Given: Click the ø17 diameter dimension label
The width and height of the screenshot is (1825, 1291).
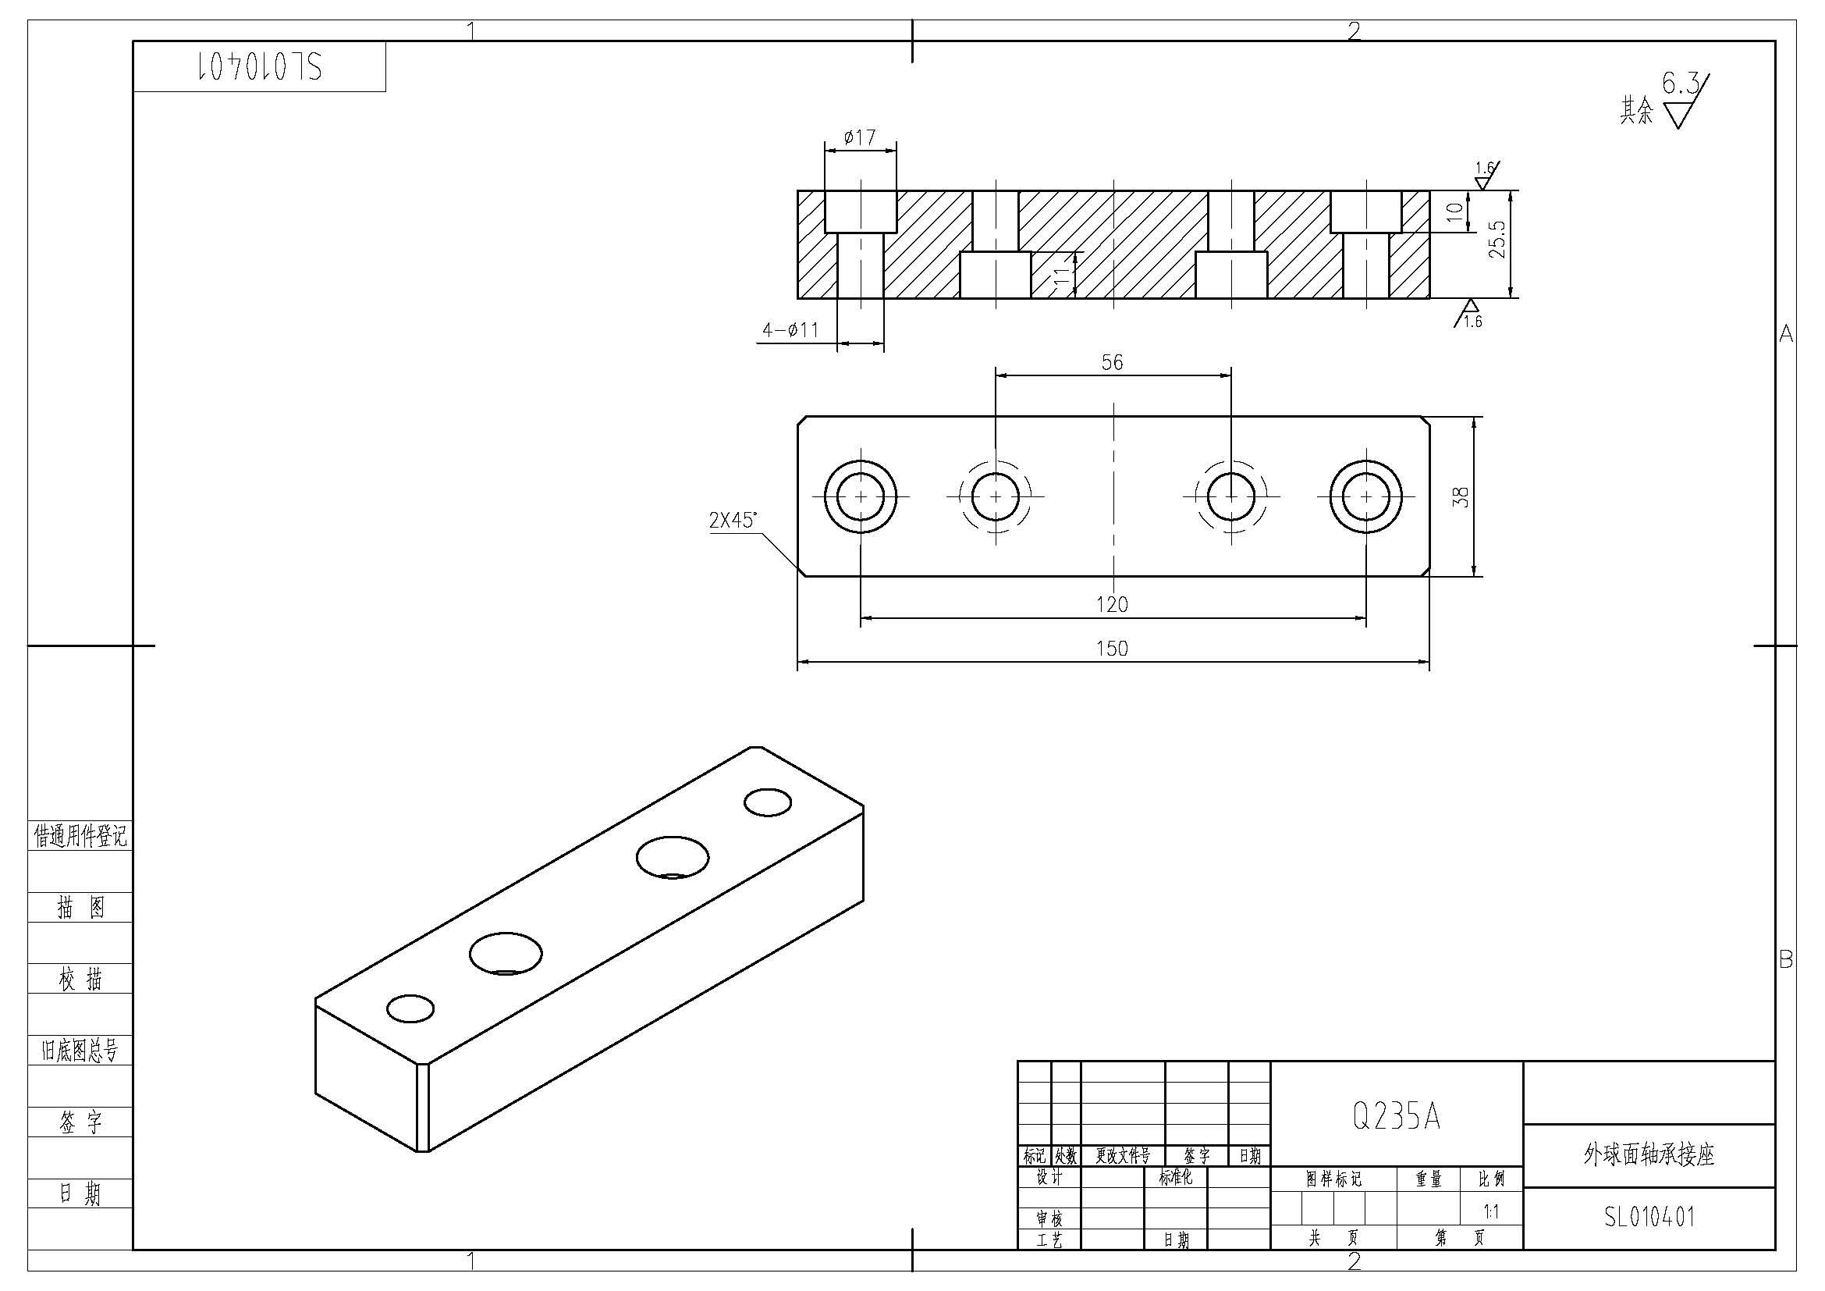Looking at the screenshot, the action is pyautogui.click(x=859, y=137).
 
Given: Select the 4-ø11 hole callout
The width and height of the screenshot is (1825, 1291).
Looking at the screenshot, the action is pyautogui.click(x=790, y=329).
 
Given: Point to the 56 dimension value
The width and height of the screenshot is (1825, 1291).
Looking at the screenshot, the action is pyautogui.click(x=1112, y=362).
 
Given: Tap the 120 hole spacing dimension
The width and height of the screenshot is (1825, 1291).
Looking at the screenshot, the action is pyautogui.click(x=1112, y=605).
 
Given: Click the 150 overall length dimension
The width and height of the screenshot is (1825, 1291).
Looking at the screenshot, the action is pyautogui.click(x=1112, y=649).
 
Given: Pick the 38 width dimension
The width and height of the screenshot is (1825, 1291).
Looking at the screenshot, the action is pyautogui.click(x=1461, y=497).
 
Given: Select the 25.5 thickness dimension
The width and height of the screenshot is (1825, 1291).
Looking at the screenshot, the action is pyautogui.click(x=1497, y=239).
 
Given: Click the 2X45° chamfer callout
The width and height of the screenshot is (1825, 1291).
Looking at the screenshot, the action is pyautogui.click(x=733, y=521).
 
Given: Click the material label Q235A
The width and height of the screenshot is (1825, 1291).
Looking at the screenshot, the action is pyautogui.click(x=1397, y=1117).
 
